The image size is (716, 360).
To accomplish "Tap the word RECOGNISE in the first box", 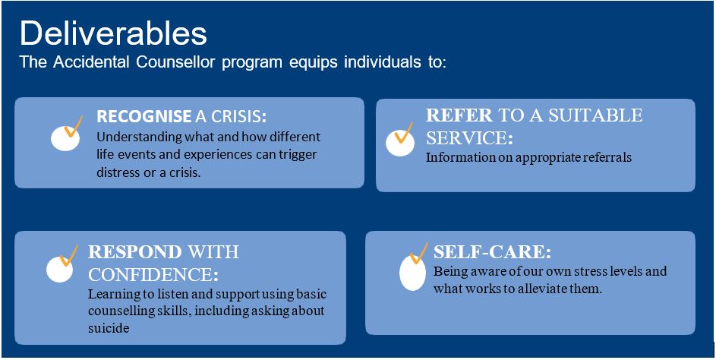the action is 144,117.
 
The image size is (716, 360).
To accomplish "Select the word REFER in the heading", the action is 459,115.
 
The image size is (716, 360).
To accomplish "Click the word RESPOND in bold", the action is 135,251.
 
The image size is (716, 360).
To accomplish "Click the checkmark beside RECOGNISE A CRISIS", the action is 73,126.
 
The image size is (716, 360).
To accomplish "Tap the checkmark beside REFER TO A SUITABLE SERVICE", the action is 403,132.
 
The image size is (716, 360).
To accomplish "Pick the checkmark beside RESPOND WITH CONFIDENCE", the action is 68,256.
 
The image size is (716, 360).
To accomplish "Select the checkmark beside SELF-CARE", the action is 418,253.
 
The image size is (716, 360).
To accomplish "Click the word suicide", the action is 104,328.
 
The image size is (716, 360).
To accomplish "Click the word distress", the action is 114,174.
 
